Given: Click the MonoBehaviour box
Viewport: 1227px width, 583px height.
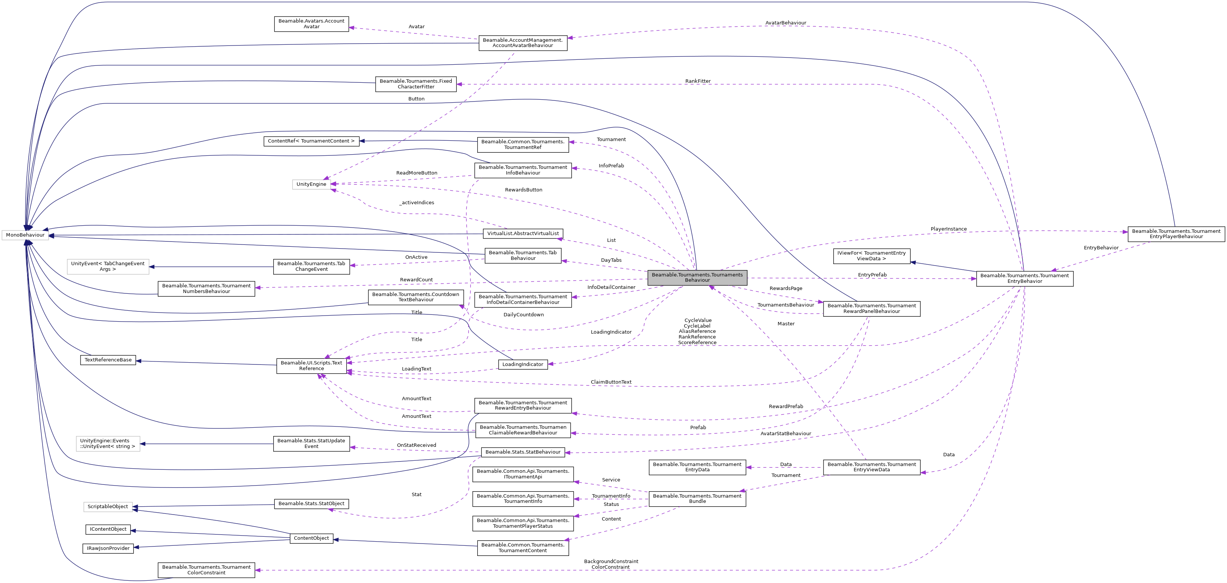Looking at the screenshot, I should [x=25, y=235].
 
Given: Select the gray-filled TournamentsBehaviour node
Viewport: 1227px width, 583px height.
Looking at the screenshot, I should [x=697, y=278].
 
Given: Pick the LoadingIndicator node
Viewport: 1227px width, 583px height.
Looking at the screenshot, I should [x=522, y=364].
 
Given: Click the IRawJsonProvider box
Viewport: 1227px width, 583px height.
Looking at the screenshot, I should [x=108, y=548].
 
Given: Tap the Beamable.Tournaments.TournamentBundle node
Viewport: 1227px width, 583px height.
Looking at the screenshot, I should [x=697, y=499].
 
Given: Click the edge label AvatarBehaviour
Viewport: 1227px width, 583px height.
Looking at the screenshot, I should [x=786, y=23].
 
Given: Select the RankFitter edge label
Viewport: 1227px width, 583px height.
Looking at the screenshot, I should [x=698, y=81].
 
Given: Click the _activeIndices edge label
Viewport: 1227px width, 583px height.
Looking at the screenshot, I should [x=417, y=203].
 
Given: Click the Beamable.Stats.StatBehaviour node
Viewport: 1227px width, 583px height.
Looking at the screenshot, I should [x=522, y=452].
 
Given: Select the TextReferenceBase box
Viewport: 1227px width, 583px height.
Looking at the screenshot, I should [x=108, y=360].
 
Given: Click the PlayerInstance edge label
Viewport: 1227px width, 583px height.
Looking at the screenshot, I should [x=948, y=229].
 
